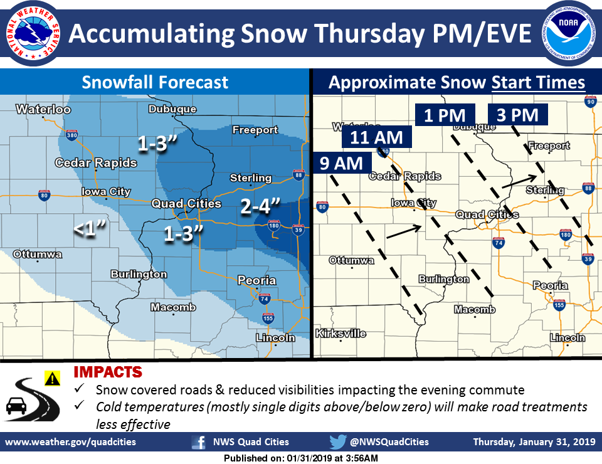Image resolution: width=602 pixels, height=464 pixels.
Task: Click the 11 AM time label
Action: tap(377, 136)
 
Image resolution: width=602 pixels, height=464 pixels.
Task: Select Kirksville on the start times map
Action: tap(341, 334)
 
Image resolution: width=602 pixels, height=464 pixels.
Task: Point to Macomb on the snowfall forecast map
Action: tap(173, 307)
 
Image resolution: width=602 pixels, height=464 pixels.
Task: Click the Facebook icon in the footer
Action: tap(199, 442)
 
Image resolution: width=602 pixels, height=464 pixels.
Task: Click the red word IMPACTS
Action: tap(108, 372)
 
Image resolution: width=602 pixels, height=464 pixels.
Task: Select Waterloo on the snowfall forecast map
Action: tap(43, 110)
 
